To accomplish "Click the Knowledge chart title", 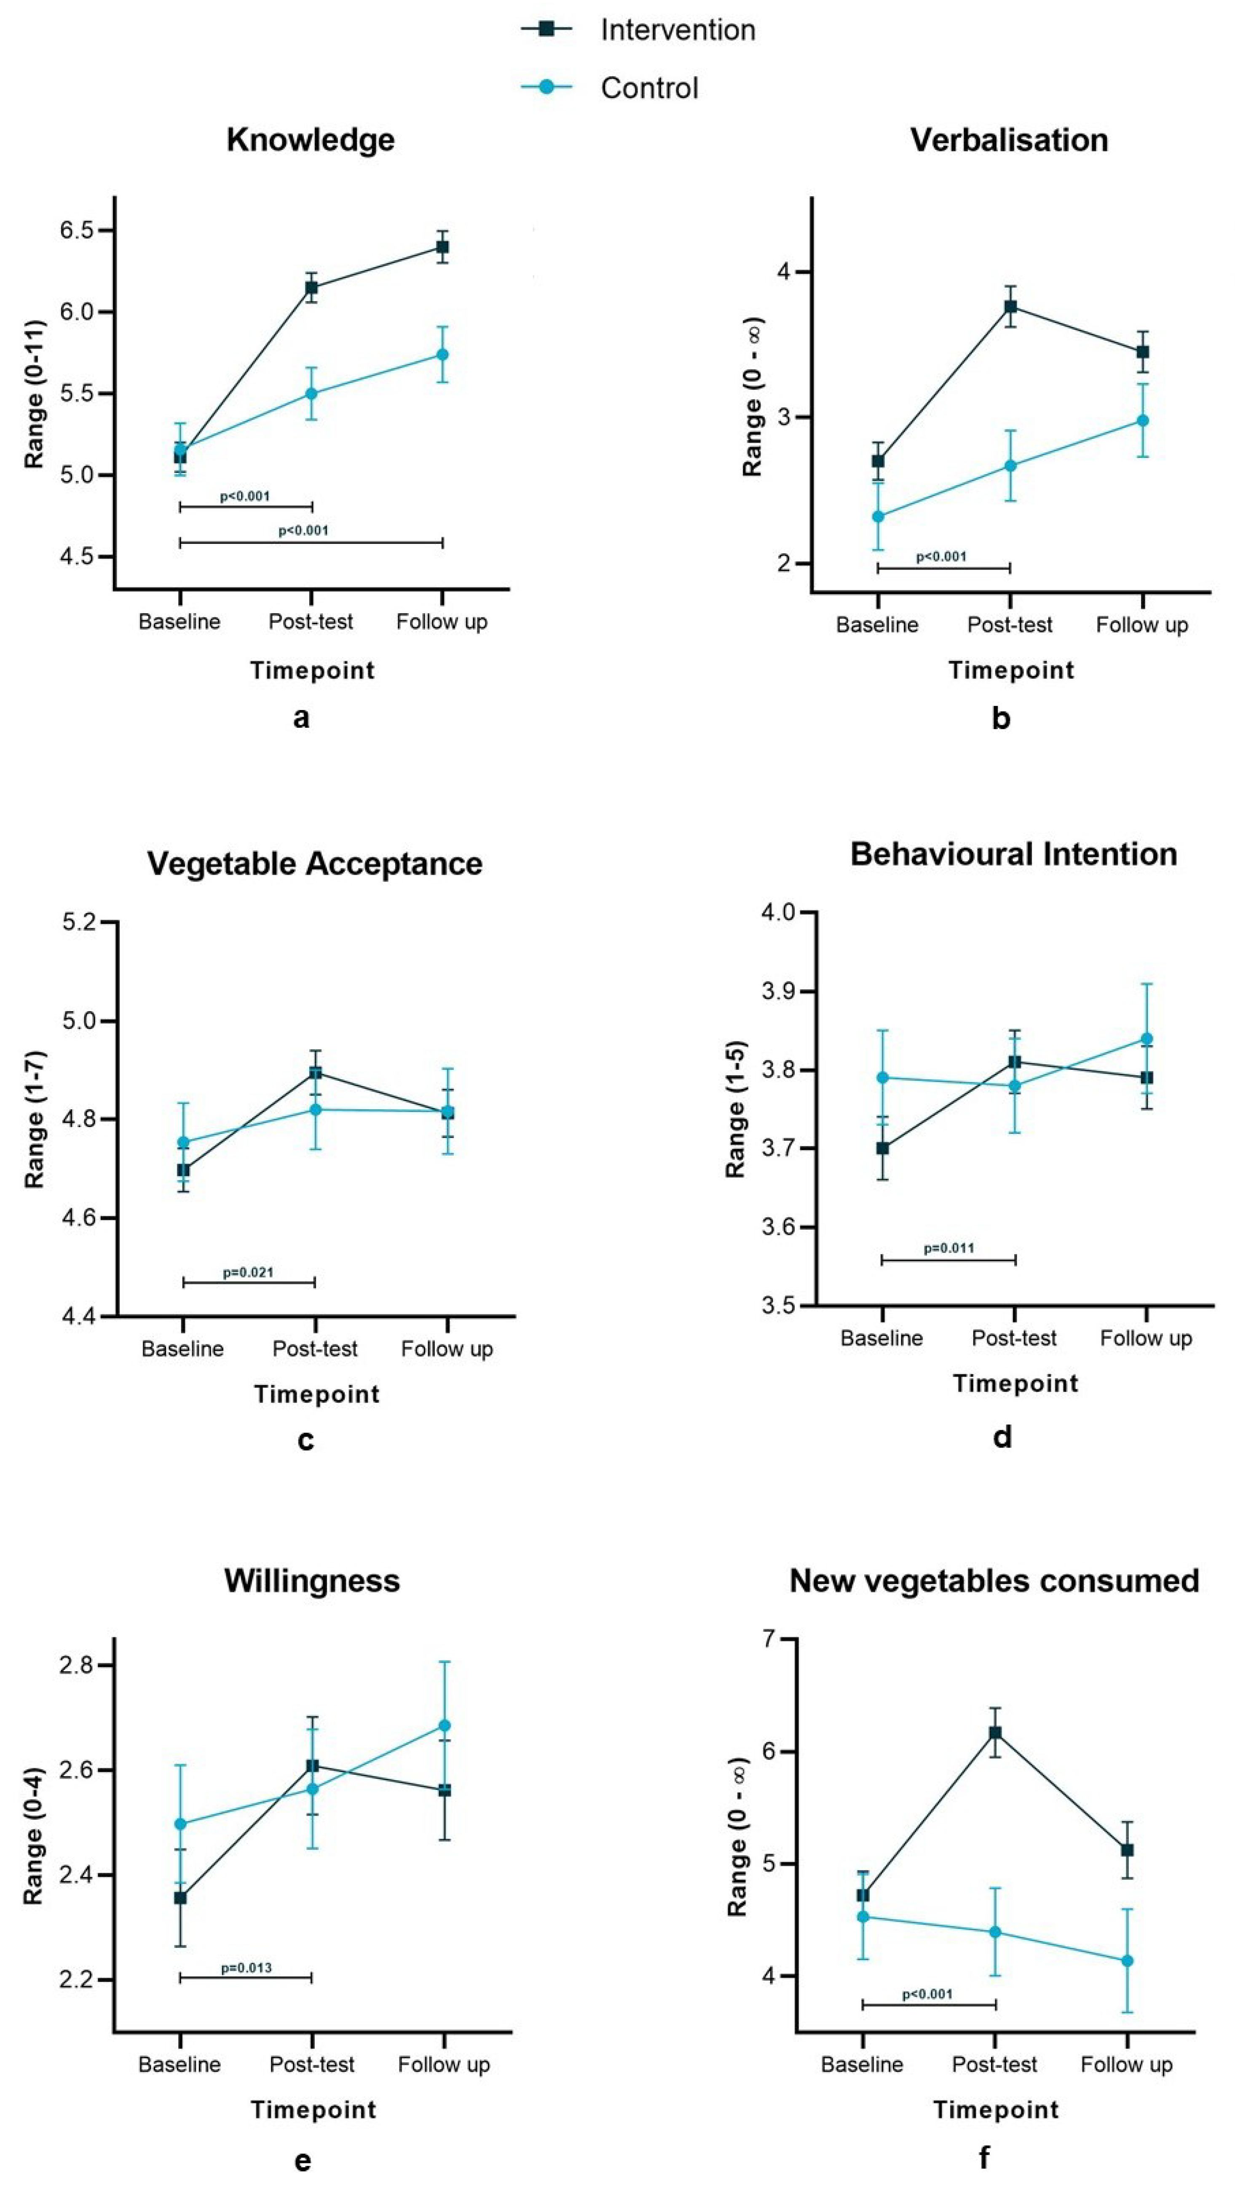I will [311, 140].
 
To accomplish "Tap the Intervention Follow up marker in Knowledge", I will [442, 248].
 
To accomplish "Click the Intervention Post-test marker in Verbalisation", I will [1010, 307].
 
